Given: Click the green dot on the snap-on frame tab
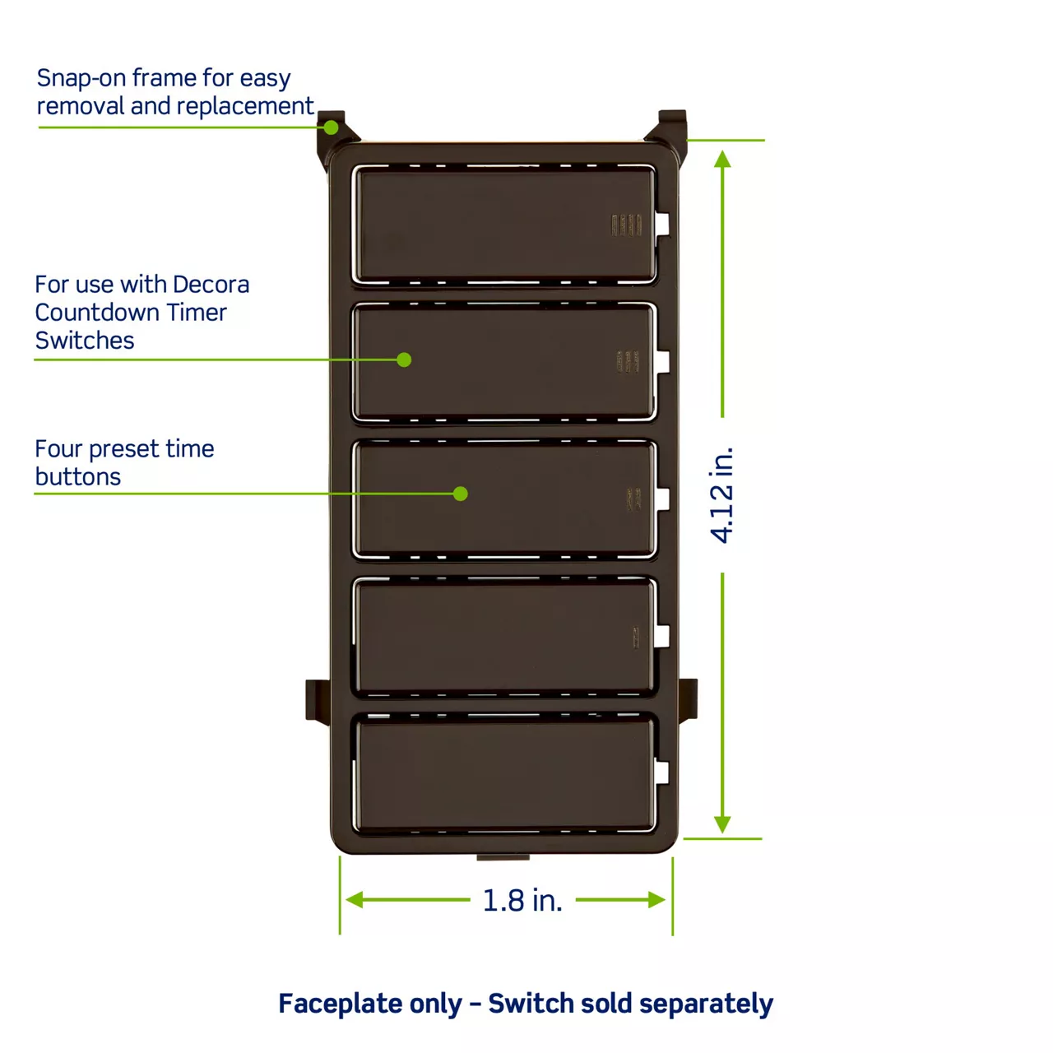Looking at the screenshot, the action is coord(331,128).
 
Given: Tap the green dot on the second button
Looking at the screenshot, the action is coord(404,360).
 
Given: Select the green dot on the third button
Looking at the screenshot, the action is coord(460,494).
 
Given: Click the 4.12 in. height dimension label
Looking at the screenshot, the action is coord(721,495).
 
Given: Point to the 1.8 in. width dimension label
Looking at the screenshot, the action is coord(522,900).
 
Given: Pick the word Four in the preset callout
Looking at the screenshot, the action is coord(58,448).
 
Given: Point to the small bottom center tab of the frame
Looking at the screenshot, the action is coord(503,857).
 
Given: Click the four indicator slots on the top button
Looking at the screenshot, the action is coord(626,225).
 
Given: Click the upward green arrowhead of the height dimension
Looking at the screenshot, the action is coord(722,159).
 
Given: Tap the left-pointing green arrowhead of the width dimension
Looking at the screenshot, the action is coord(354,899).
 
